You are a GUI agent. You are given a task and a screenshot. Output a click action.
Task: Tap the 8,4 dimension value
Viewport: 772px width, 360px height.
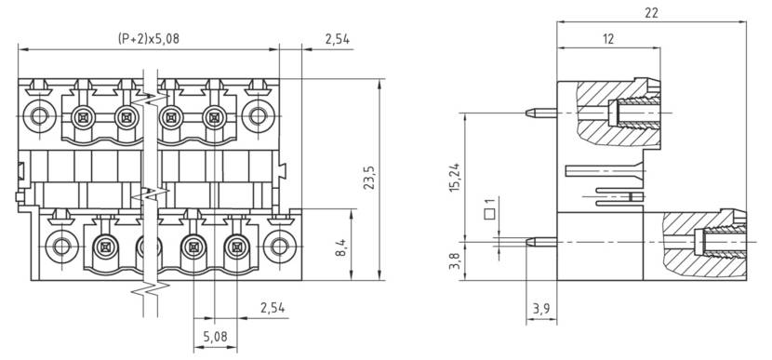click(340, 247)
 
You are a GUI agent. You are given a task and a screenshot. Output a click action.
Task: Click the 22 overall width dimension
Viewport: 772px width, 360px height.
click(651, 13)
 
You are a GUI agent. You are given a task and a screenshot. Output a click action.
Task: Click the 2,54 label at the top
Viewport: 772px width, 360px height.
click(338, 39)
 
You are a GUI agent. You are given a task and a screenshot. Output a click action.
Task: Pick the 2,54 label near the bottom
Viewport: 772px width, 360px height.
click(273, 308)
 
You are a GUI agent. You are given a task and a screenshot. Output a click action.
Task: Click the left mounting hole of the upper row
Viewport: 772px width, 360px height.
click(38, 116)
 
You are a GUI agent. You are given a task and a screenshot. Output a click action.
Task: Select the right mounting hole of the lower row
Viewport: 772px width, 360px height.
click(277, 247)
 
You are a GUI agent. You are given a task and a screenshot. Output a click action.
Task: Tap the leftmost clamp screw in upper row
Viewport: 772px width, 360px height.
click(83, 117)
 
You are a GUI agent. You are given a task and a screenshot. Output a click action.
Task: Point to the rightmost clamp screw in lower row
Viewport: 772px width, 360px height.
click(236, 247)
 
